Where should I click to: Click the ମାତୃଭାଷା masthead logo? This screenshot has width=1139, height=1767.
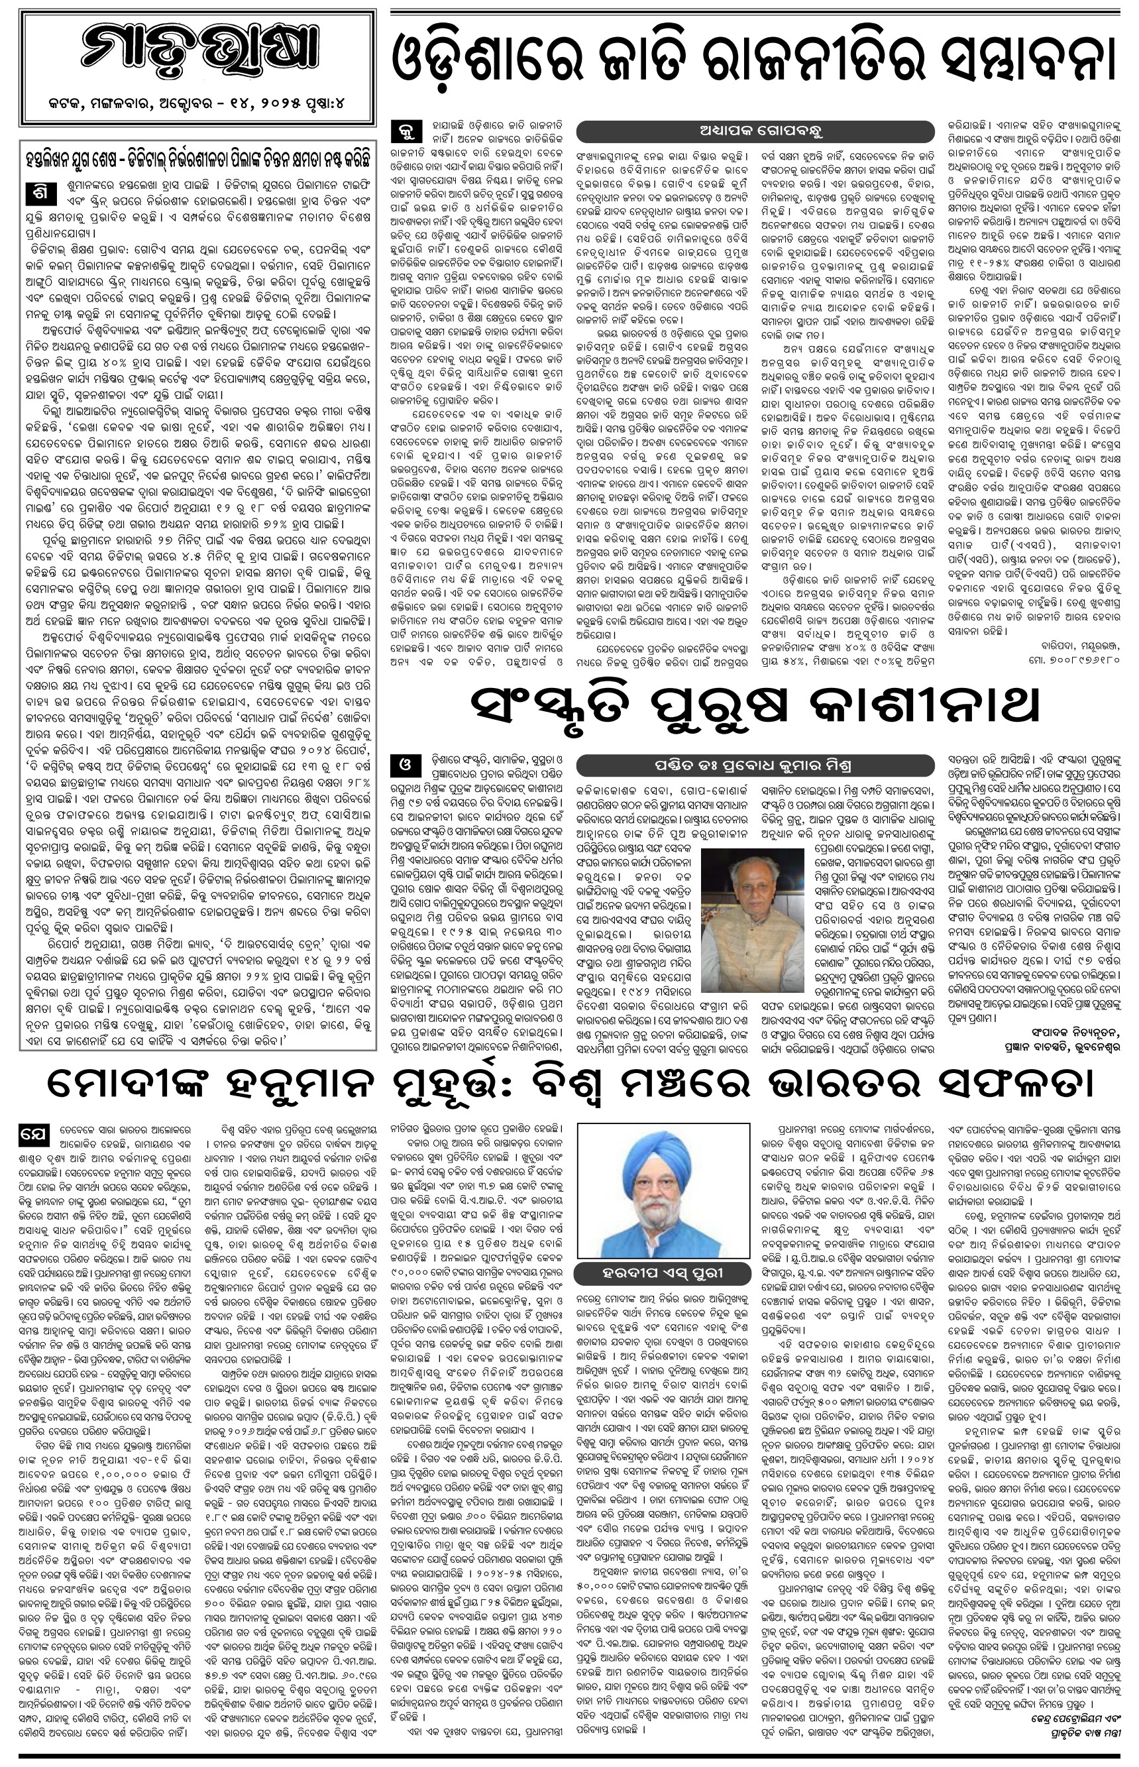(x=198, y=56)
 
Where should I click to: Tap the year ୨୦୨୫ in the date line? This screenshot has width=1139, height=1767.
(x=280, y=104)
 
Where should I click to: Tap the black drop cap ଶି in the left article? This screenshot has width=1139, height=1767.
(x=40, y=190)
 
